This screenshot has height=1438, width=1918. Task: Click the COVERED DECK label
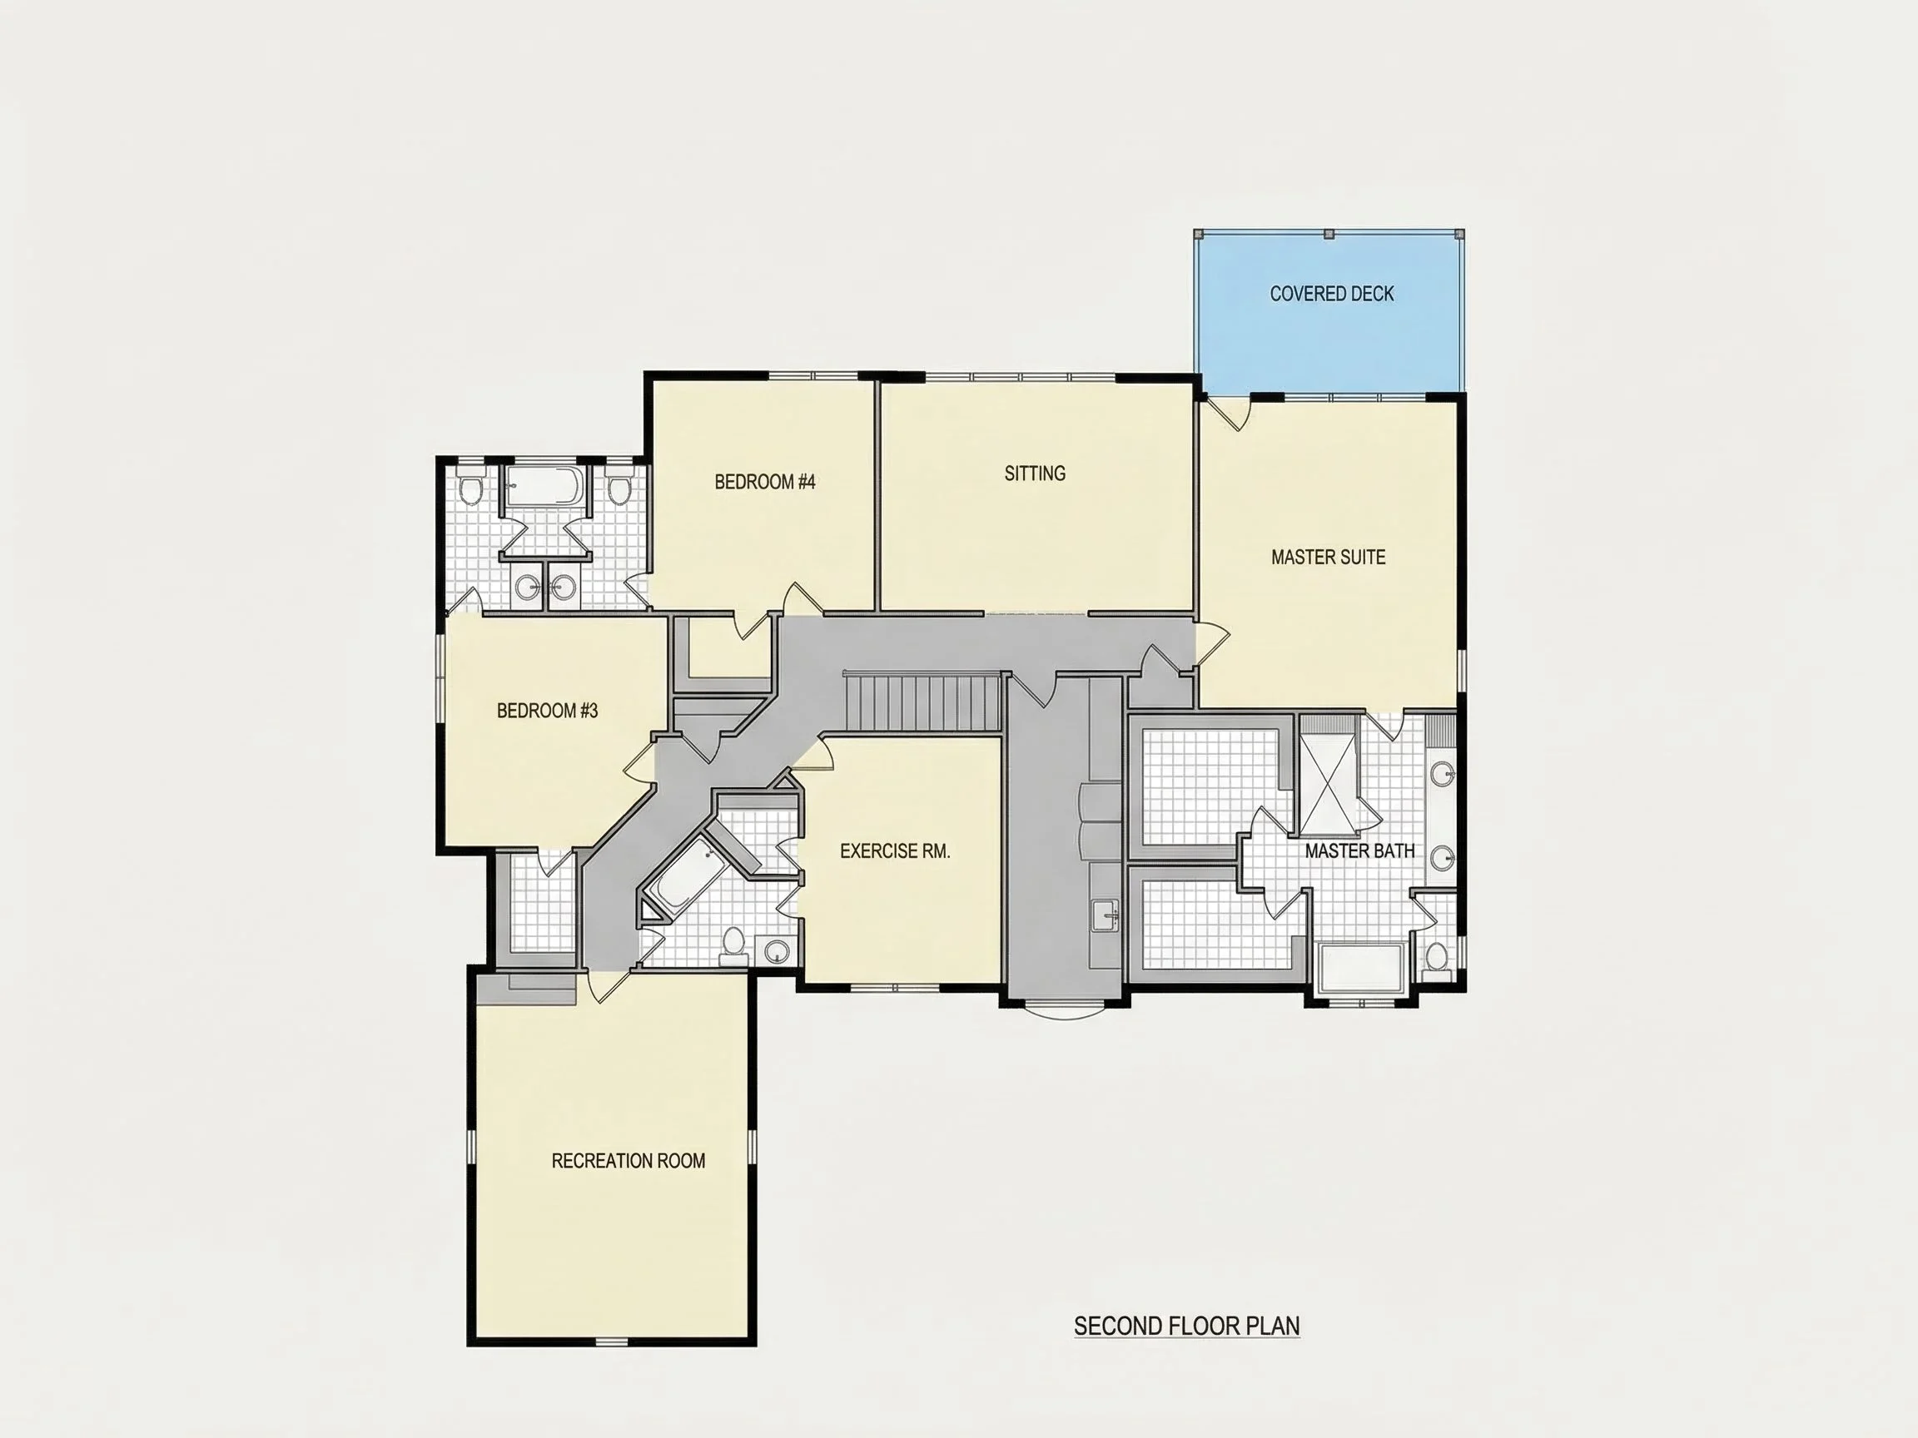pos(1332,294)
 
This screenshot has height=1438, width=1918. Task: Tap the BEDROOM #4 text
pos(765,482)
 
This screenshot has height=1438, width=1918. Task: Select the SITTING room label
pos(1036,474)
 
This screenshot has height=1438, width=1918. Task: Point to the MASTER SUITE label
pos(1329,558)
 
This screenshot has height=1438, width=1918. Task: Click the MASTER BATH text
pos(1359,851)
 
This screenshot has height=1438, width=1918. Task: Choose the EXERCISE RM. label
pos(895,851)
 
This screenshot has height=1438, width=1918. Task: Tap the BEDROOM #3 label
pos(547,711)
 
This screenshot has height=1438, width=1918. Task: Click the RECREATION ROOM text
pos(629,1161)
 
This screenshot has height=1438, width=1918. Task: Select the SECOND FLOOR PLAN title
pos(1187,1326)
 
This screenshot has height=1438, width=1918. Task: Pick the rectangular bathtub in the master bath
pos(1359,968)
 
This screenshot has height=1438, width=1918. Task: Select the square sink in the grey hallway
pos(1104,915)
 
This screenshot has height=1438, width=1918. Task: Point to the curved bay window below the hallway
pos(1065,1009)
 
